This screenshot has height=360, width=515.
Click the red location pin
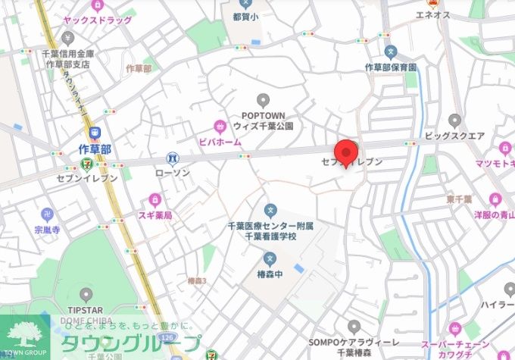(x=347, y=152)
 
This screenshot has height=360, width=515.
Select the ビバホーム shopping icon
(x=220, y=126)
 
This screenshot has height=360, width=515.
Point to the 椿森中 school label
(x=268, y=277)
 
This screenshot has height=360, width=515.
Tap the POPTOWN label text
(x=263, y=115)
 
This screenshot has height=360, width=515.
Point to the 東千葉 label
(x=459, y=199)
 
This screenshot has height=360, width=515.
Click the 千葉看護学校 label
(x=269, y=236)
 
